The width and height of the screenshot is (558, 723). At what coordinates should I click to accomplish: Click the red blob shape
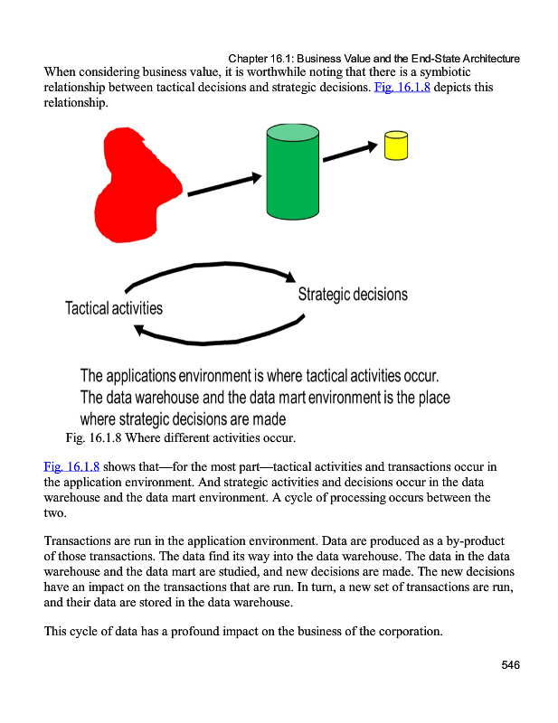pyautogui.click(x=140, y=185)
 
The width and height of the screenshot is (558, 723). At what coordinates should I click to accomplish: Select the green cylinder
pyautogui.click(x=293, y=172)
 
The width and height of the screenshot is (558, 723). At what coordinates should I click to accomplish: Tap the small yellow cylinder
pyautogui.click(x=395, y=146)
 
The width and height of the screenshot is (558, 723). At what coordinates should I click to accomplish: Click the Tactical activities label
pyautogui.click(x=114, y=308)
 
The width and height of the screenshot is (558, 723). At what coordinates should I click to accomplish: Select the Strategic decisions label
pyautogui.click(x=353, y=295)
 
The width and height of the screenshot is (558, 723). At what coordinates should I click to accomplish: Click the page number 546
pyautogui.click(x=510, y=665)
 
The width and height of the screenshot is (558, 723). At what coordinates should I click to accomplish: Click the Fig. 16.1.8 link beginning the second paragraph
pyautogui.click(x=71, y=467)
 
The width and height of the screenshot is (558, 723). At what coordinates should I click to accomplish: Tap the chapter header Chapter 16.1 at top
pyautogui.click(x=374, y=59)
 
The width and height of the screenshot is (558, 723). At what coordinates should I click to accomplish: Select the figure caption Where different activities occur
pyautogui.click(x=210, y=439)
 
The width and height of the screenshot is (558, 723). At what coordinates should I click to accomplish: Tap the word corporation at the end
pyautogui.click(x=405, y=631)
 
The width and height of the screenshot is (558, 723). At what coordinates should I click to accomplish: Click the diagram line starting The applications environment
pyautogui.click(x=260, y=375)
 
